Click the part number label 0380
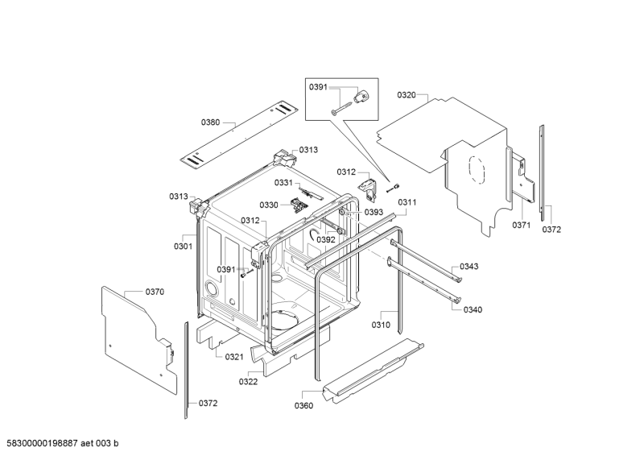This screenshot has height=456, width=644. tap(210, 122)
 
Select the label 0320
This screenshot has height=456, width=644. tap(407, 95)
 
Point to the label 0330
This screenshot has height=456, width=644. tap(268, 205)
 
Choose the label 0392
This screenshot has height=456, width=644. tap(325, 239)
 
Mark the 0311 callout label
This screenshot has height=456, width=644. tap(407, 202)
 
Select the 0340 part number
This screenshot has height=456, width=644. tap(473, 309)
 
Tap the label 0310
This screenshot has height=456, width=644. tap(381, 325)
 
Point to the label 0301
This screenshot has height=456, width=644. tap(183, 246)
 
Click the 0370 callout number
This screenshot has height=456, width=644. tap(155, 292)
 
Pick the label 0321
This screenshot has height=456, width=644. tap(234, 357)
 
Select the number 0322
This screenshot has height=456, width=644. tap(248, 382)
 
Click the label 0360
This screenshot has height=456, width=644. tap(303, 405)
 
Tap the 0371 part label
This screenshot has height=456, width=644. tap(521, 226)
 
